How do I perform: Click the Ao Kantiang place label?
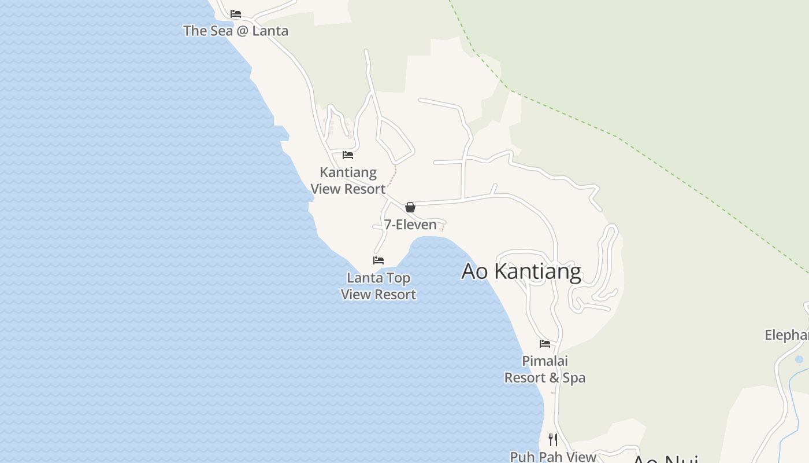click(521, 271)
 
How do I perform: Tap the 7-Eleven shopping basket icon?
click(410, 207)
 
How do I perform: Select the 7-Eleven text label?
click(410, 225)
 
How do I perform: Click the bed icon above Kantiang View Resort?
click(348, 155)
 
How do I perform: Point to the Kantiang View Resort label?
click(348, 181)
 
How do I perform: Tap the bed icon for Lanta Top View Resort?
click(378, 260)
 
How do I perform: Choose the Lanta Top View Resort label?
click(378, 286)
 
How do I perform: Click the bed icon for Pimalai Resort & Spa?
click(545, 344)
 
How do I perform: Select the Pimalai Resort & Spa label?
click(545, 369)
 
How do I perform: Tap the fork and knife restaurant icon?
click(553, 440)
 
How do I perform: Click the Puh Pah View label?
click(553, 457)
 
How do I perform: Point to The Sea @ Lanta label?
click(236, 31)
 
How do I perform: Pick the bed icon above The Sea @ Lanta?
click(236, 14)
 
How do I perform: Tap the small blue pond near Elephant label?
click(799, 359)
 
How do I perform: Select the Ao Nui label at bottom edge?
click(665, 460)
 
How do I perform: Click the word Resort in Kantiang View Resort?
click(364, 189)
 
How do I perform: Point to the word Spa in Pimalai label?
click(574, 378)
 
